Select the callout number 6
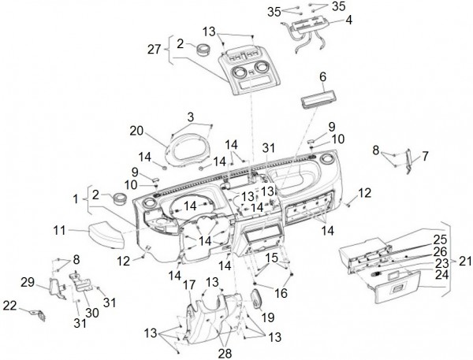[322, 76]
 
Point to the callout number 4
[349, 19]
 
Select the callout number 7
[426, 157]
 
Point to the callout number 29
[26, 281]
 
